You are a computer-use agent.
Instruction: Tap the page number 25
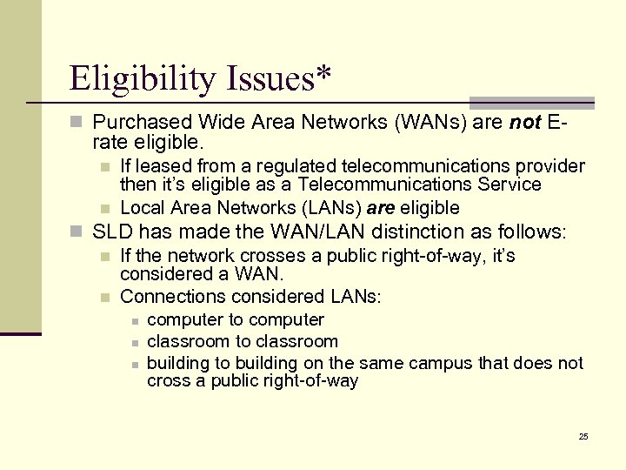pos(583,435)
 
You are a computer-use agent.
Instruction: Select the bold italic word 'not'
pos(526,123)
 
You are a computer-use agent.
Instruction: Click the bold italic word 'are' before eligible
pos(380,207)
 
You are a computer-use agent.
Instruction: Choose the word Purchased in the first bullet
pos(134,123)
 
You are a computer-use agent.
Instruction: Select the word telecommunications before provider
pos(429,165)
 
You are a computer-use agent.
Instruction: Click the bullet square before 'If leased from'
pos(104,166)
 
